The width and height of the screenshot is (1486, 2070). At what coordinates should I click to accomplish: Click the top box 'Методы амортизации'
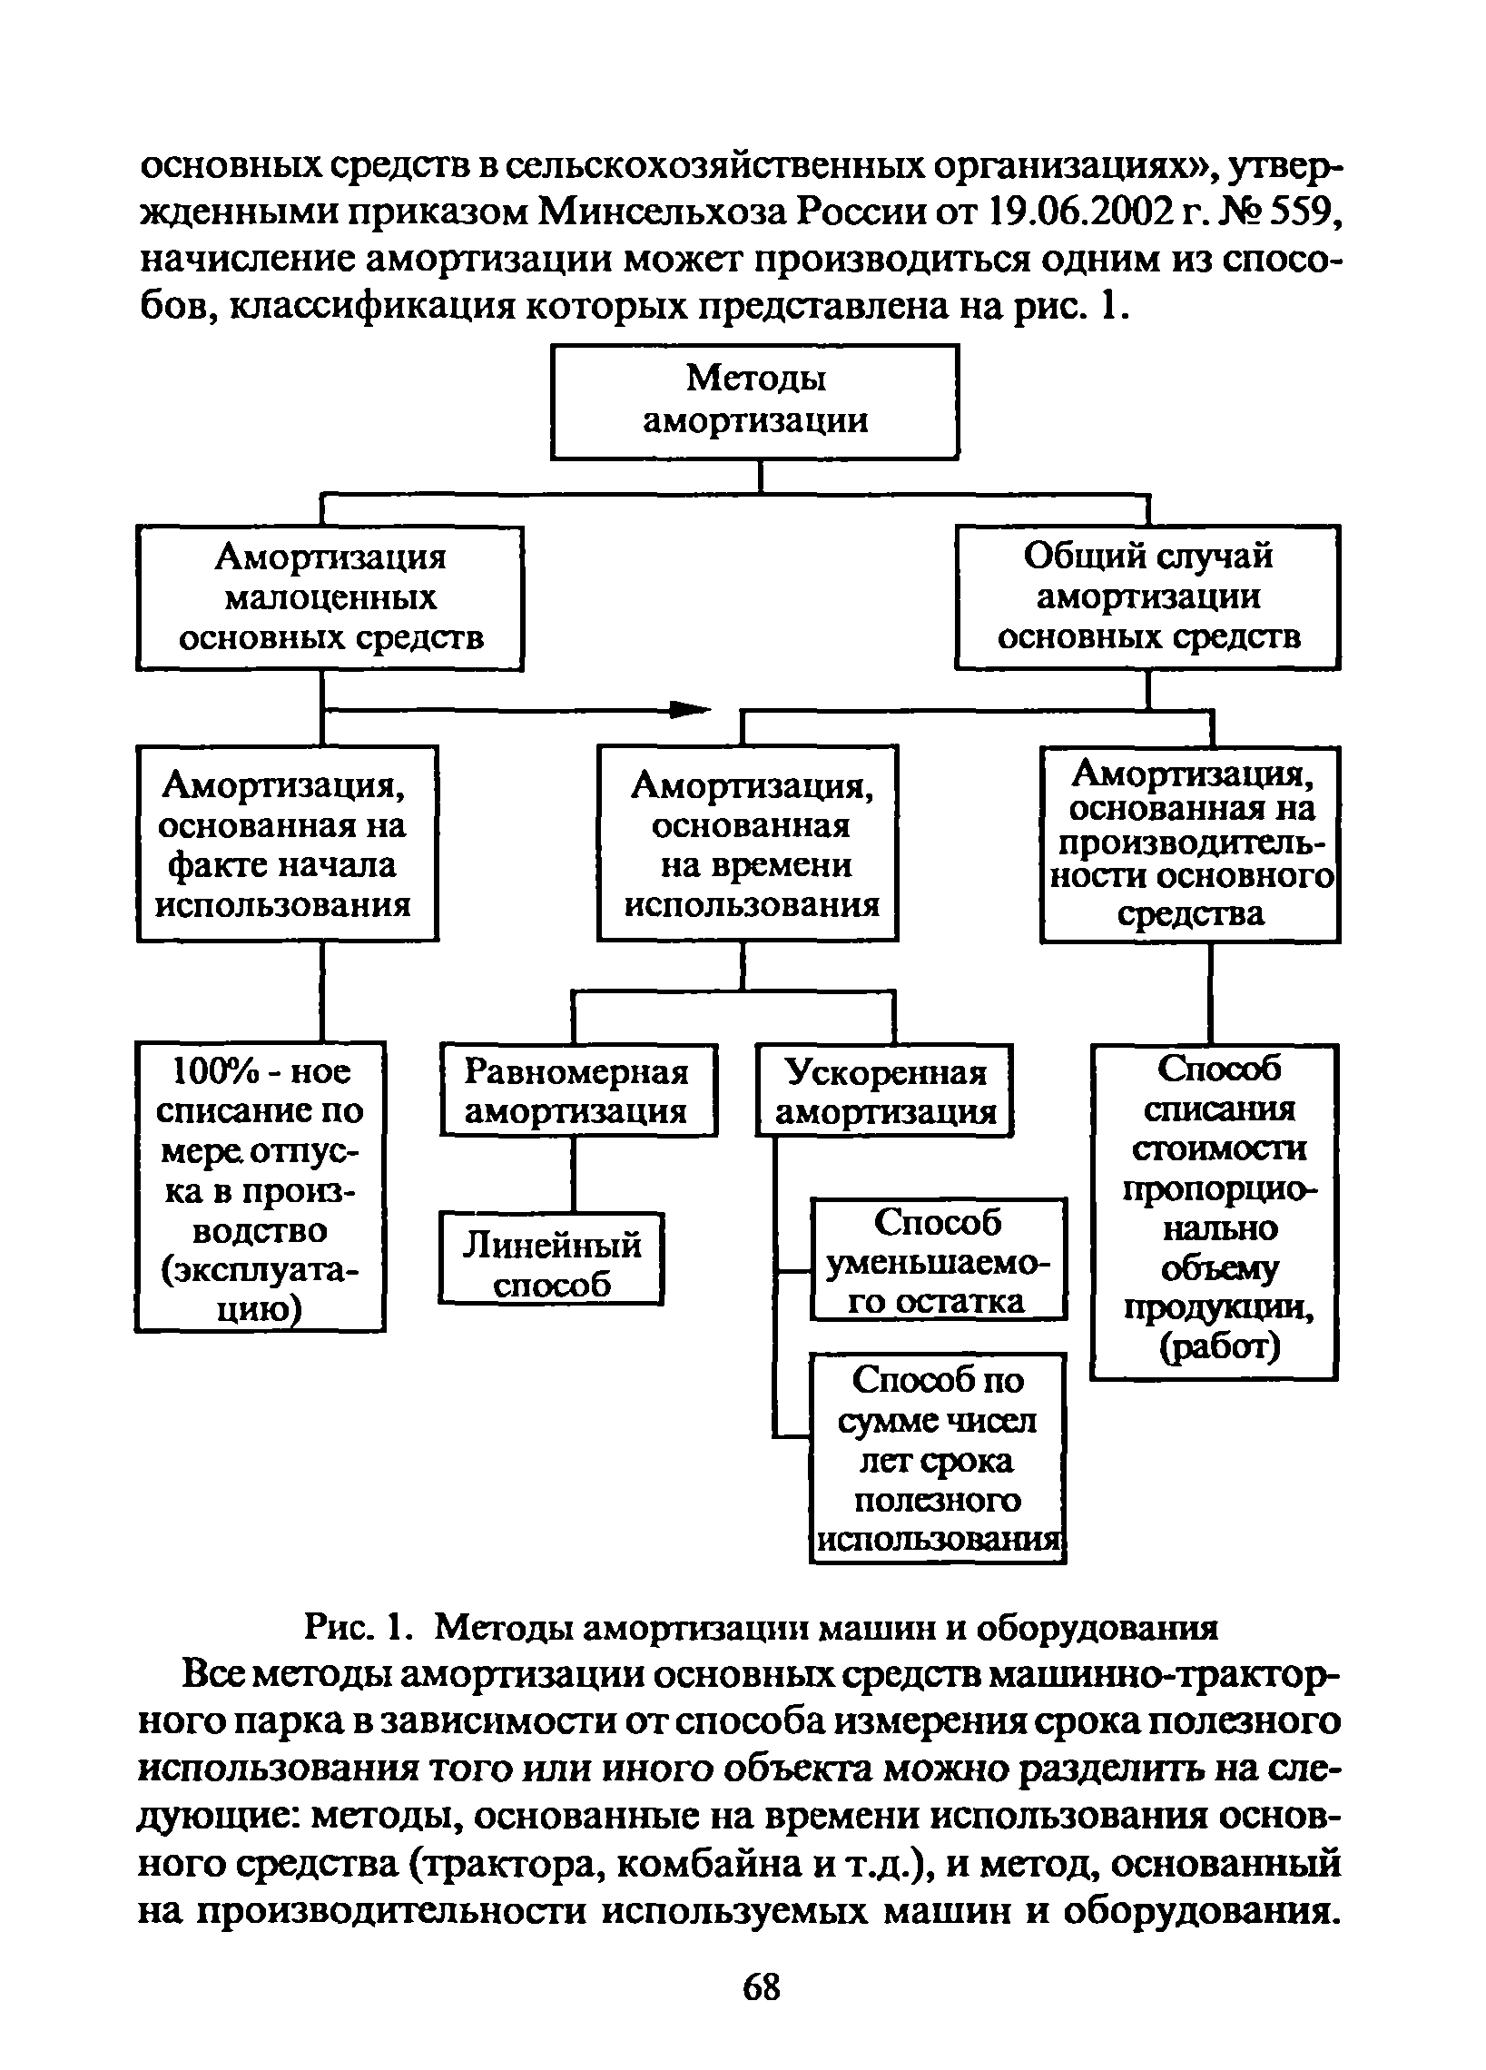click(754, 400)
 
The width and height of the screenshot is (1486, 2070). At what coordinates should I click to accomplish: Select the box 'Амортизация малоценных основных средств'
click(330, 597)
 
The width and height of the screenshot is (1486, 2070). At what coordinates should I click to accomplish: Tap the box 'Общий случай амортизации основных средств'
click(1147, 596)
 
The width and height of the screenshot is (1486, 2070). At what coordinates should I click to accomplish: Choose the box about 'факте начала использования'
click(287, 843)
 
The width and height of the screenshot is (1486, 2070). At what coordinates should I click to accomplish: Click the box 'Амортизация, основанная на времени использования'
click(748, 843)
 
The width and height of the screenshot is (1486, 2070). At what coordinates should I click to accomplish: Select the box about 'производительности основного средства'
click(1190, 843)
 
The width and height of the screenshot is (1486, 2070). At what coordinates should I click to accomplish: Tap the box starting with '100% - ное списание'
click(261, 1187)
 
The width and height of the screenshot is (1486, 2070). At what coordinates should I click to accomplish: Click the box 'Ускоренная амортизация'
click(884, 1090)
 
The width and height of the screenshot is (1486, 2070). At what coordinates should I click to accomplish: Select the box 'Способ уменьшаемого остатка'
click(939, 1259)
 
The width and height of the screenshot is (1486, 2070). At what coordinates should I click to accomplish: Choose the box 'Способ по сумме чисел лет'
click(939, 1457)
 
